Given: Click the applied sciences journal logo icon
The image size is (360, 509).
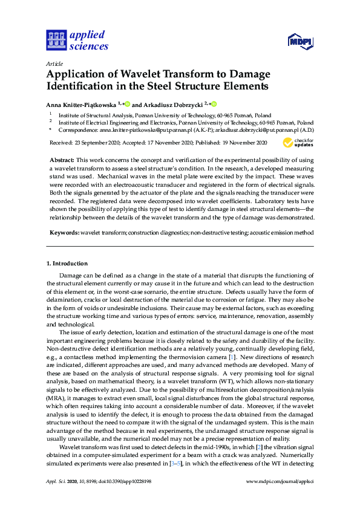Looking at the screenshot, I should click(x=56, y=41).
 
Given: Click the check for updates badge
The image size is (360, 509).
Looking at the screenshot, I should click(x=298, y=143).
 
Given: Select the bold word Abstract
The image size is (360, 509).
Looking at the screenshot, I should click(x=61, y=159).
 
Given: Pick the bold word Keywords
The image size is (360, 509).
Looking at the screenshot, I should click(x=64, y=232).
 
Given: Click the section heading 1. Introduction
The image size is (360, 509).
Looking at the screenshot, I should click(x=67, y=264).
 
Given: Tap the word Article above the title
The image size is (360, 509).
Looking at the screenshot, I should click(x=53, y=62).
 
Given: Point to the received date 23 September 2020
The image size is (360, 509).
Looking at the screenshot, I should click(x=100, y=143).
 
